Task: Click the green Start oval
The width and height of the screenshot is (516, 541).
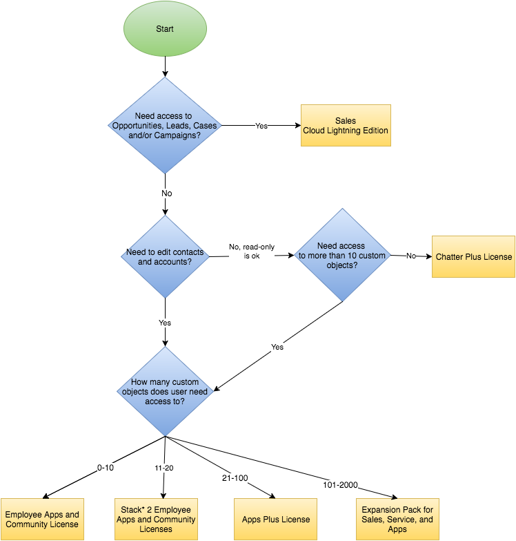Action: pyautogui.click(x=165, y=30)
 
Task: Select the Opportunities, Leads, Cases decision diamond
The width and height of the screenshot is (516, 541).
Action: pyautogui.click(x=165, y=125)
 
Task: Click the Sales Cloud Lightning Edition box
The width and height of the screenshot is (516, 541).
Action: pyautogui.click(x=346, y=125)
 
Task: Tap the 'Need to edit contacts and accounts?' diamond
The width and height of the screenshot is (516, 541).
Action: pyautogui.click(x=165, y=257)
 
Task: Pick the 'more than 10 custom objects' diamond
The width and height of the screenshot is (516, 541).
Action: pyautogui.click(x=341, y=256)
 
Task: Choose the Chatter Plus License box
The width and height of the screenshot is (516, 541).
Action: pyautogui.click(x=473, y=256)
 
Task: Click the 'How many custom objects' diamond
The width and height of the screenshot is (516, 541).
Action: pyautogui.click(x=165, y=392)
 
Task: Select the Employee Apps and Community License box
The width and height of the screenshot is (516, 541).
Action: pyautogui.click(x=42, y=519)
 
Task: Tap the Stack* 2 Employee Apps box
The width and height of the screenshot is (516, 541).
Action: pyautogui.click(x=157, y=519)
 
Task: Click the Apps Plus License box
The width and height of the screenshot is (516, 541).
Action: pyautogui.click(x=276, y=519)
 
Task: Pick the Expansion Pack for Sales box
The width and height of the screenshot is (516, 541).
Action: pyautogui.click(x=397, y=519)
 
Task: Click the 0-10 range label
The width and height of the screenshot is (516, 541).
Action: pyautogui.click(x=106, y=468)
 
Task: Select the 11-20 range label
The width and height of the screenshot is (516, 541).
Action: pyautogui.click(x=163, y=468)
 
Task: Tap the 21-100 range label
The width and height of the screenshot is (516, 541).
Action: pyautogui.click(x=235, y=478)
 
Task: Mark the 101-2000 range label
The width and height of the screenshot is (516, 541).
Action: pyautogui.click(x=340, y=485)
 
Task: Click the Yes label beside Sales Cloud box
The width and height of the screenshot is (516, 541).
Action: pyautogui.click(x=261, y=126)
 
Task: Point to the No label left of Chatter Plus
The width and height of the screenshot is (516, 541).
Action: pyautogui.click(x=411, y=256)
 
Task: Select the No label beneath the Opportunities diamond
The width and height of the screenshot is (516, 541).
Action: pyautogui.click(x=166, y=194)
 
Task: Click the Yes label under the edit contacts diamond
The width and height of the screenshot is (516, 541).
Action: pyautogui.click(x=165, y=323)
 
